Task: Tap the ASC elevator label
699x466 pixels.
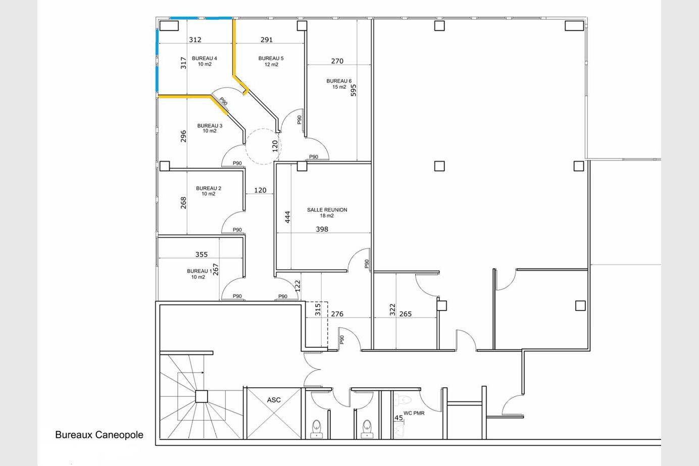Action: [x=274, y=400]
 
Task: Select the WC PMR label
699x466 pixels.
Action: [x=414, y=413]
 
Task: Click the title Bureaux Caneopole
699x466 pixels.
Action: [x=99, y=435]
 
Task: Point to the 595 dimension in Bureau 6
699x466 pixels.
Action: [x=353, y=90]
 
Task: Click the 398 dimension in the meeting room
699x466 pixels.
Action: [x=322, y=229]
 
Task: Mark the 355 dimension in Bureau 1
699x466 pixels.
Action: [x=202, y=254]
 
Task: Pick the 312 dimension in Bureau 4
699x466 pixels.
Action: [x=195, y=39]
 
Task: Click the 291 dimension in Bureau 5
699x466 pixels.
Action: [x=267, y=39]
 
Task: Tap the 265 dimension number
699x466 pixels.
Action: [x=406, y=314]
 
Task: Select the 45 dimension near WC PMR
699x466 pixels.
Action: [x=398, y=418]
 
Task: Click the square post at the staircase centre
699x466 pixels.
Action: [x=202, y=396]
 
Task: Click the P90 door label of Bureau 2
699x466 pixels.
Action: [x=237, y=230]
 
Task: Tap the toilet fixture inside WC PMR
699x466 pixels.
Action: [x=403, y=399]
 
